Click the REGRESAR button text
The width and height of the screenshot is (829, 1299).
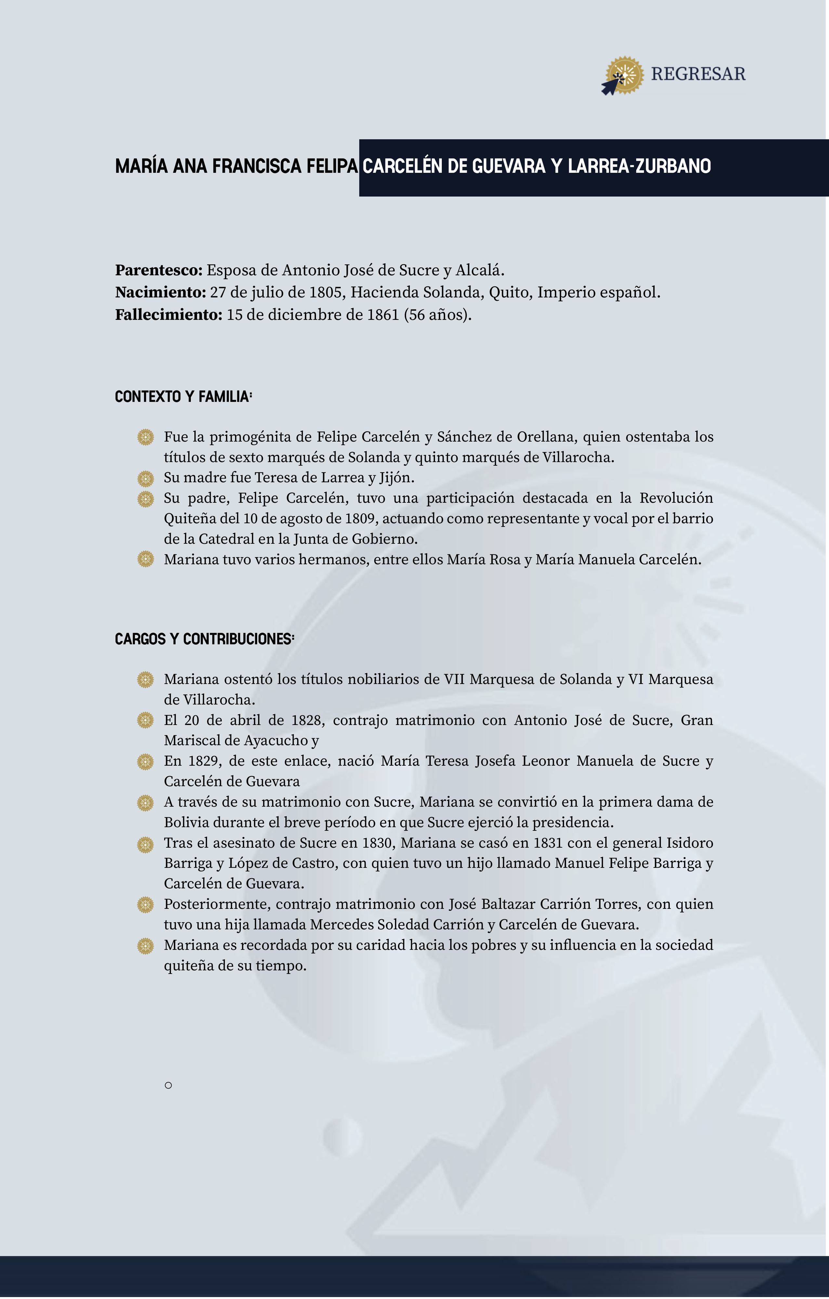698,74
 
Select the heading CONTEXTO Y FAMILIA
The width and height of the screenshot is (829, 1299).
183,397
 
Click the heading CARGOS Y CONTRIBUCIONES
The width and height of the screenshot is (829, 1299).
204,639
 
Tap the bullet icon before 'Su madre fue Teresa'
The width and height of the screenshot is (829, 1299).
146,478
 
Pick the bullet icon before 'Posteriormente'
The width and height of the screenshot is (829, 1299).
146,905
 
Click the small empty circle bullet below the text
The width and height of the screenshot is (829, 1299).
168,1086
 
